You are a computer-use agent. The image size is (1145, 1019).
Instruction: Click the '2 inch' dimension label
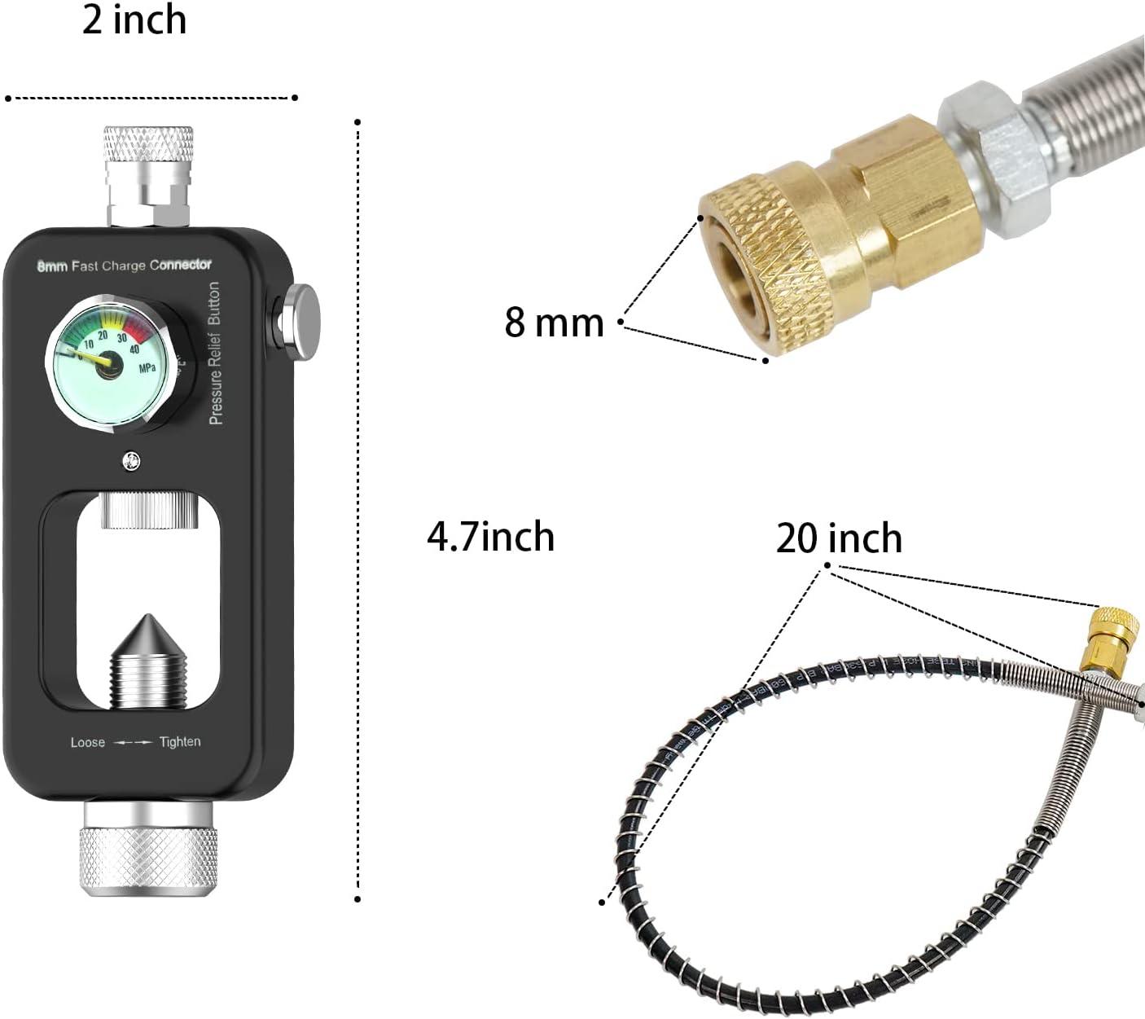pos(134,20)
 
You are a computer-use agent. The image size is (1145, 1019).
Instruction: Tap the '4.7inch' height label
pos(490,538)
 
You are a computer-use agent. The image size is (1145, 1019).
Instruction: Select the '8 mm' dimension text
pos(554,323)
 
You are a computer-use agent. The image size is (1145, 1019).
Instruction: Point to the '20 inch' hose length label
pos(839,538)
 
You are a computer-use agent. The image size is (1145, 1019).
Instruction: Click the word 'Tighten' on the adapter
pos(180,742)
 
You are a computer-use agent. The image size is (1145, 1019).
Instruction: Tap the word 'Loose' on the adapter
pos(88,743)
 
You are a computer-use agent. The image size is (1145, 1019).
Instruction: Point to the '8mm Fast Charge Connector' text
pos(125,265)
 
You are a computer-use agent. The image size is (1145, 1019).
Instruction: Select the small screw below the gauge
pos(130,462)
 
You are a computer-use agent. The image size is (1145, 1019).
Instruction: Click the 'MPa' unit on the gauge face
pos(147,368)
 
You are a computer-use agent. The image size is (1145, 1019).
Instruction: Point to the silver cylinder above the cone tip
pos(149,511)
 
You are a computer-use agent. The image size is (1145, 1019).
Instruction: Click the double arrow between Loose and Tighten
pos(132,743)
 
